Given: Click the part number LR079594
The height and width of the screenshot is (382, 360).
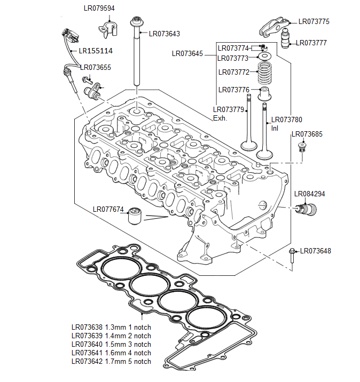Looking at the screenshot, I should pyautogui.click(x=99, y=9).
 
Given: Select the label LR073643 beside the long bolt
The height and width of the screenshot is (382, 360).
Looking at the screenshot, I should pyautogui.click(x=165, y=34).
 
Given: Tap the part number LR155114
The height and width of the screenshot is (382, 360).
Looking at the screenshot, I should pyautogui.click(x=96, y=51).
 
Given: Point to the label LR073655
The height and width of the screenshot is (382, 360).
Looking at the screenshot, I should pyautogui.click(x=96, y=67).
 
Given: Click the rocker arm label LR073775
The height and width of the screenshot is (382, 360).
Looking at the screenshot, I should pyautogui.click(x=314, y=22).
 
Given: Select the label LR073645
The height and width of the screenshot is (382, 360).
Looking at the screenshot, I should pyautogui.click(x=187, y=53).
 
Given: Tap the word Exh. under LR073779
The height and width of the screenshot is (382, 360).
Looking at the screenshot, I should pyautogui.click(x=220, y=118).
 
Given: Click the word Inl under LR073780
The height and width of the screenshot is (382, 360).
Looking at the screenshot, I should pyautogui.click(x=275, y=128).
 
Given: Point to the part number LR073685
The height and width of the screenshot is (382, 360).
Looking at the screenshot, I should pyautogui.click(x=307, y=134).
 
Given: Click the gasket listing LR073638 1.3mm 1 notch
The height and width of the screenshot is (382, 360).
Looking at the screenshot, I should pyautogui.click(x=111, y=327).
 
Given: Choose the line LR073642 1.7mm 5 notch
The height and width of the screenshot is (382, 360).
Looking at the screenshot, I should pyautogui.click(x=111, y=361).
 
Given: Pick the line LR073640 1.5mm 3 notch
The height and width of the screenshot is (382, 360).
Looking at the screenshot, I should pyautogui.click(x=111, y=344).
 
